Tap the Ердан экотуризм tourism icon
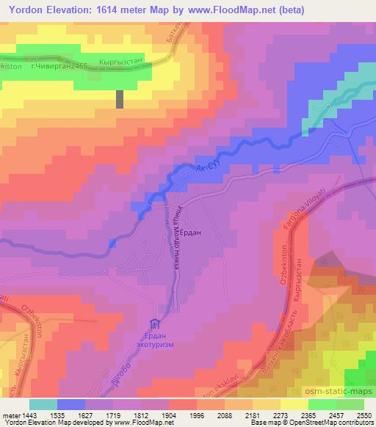[155, 324]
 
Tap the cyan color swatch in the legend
[43, 404]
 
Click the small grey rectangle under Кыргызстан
[120, 99]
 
